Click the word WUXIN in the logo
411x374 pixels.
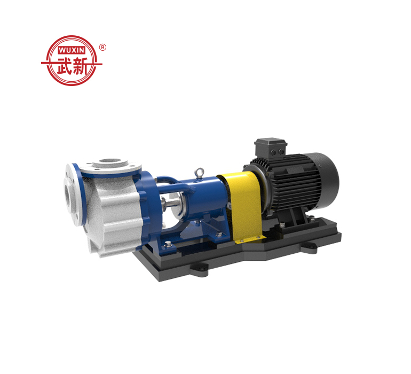72,50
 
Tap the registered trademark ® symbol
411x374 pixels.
102,47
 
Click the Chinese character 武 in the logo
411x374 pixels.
64,66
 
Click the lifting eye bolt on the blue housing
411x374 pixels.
200,173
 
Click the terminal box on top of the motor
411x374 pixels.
271,148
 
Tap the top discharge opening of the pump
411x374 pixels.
110,161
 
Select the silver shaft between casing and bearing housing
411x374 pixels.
171,202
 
